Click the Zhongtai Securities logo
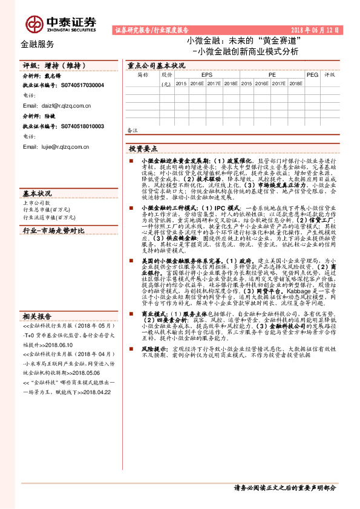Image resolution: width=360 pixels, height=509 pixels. [60, 23]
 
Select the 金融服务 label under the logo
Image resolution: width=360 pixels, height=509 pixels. [37, 44]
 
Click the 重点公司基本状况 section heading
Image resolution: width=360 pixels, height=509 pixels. [156, 64]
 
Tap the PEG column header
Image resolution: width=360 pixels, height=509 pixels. [312, 76]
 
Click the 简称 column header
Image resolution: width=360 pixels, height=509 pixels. [142, 76]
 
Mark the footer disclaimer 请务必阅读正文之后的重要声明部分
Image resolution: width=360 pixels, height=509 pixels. [284, 488]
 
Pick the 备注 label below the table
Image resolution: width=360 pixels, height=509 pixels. [133, 130]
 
